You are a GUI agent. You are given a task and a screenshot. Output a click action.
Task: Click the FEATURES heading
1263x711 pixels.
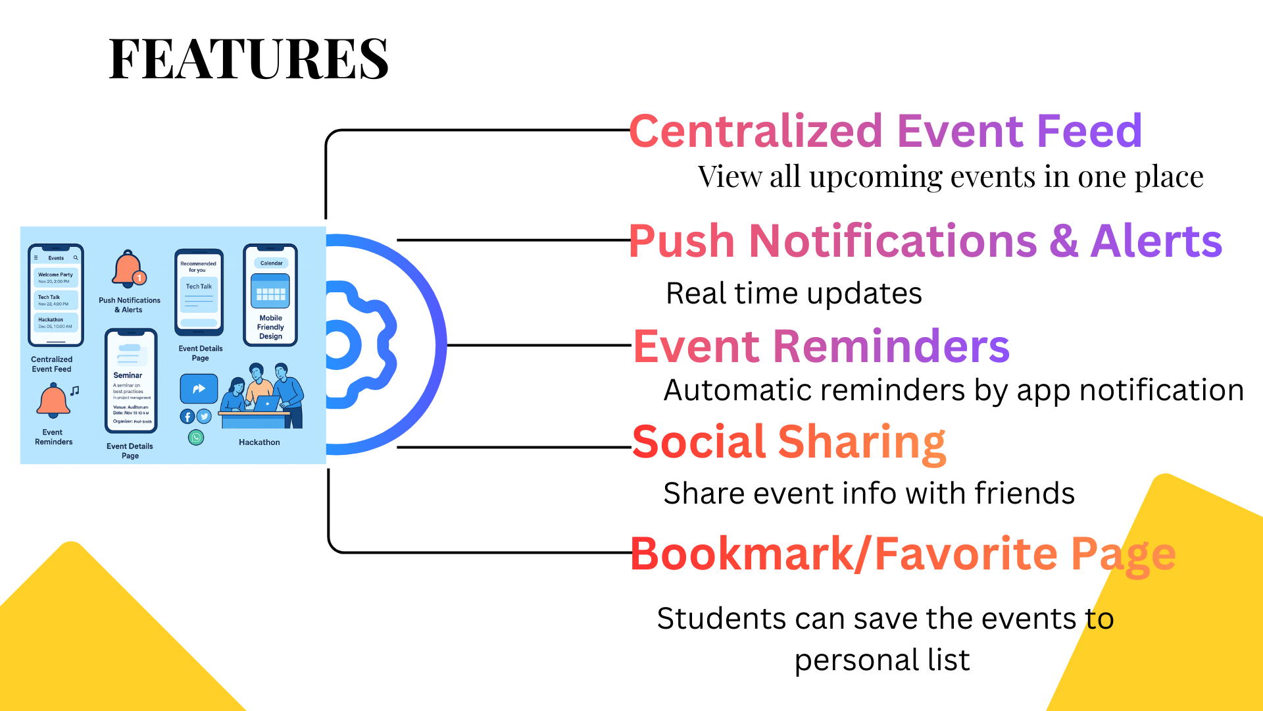[x=249, y=59]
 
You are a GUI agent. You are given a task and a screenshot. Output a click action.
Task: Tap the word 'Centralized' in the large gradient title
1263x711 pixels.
[x=755, y=131]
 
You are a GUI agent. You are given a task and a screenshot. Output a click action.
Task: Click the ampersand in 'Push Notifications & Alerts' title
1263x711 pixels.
[x=1064, y=241]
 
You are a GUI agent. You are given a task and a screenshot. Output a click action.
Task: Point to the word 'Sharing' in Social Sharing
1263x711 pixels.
[x=862, y=442]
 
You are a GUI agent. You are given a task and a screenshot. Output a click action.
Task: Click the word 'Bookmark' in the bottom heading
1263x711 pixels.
[x=742, y=554]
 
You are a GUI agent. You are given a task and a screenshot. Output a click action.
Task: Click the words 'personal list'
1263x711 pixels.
[x=881, y=660]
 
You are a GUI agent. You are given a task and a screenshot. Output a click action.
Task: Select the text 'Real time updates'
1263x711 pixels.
[x=793, y=294]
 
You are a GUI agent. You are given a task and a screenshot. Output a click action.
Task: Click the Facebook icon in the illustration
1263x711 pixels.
[x=187, y=417]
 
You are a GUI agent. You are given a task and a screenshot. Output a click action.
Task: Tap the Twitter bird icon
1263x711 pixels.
[x=204, y=416]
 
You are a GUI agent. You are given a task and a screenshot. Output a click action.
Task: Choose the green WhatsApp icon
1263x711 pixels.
[x=196, y=438]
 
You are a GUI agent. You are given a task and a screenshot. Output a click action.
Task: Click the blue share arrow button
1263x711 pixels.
[x=199, y=388]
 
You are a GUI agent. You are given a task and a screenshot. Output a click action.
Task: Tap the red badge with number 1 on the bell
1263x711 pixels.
[x=139, y=278]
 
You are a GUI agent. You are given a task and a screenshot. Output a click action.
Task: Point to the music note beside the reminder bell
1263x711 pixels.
[x=75, y=391]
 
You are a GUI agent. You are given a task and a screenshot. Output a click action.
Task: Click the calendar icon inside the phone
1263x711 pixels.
[x=270, y=292]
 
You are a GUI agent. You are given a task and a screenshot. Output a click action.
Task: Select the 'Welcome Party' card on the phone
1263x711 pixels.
[x=56, y=277]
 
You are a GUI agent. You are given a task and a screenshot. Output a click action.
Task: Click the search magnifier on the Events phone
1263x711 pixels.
[x=76, y=258]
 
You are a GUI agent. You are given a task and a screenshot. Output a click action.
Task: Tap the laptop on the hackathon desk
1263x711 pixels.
[x=267, y=404]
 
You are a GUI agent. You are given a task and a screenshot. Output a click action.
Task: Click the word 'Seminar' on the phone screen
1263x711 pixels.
[x=128, y=375]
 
